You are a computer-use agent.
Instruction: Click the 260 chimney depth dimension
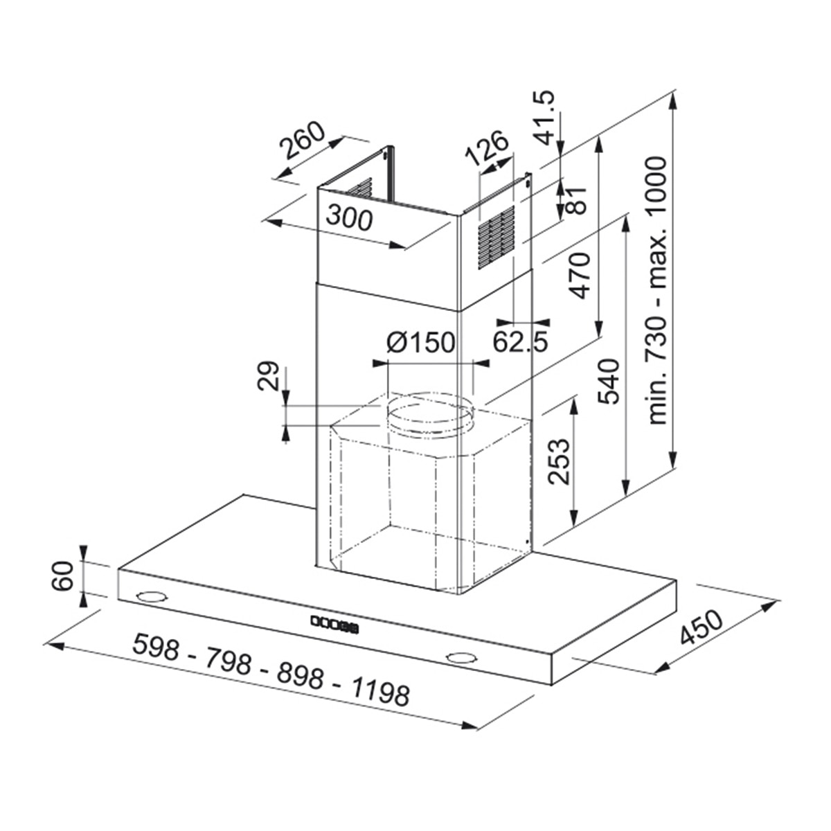(302, 140)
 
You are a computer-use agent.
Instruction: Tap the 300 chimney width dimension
(349, 217)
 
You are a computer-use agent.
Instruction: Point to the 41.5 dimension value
(542, 117)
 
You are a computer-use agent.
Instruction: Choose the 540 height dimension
(609, 381)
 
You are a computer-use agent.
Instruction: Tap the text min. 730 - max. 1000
(657, 291)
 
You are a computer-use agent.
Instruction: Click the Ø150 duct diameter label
(421, 342)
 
